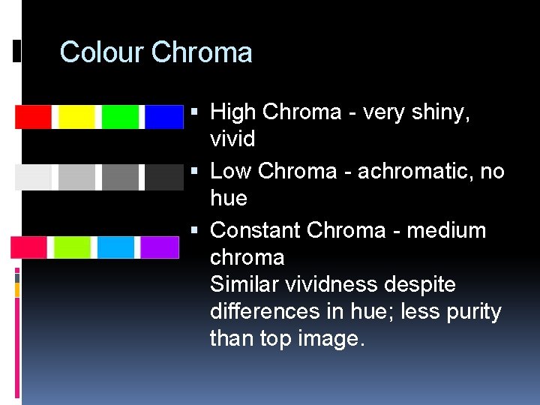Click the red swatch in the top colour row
coord(33,117)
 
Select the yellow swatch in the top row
coord(76,117)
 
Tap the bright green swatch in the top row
coord(121,117)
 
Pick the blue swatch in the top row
coord(163,117)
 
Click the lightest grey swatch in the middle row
coord(33,177)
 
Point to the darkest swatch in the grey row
coord(163,177)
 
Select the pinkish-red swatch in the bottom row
coord(28,247)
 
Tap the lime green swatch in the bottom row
coord(72,247)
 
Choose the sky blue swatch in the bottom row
coord(115,247)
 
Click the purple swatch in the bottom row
coord(160,247)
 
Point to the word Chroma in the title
coord(202,52)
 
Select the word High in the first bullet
coord(233,112)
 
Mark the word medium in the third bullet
coord(445,229)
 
